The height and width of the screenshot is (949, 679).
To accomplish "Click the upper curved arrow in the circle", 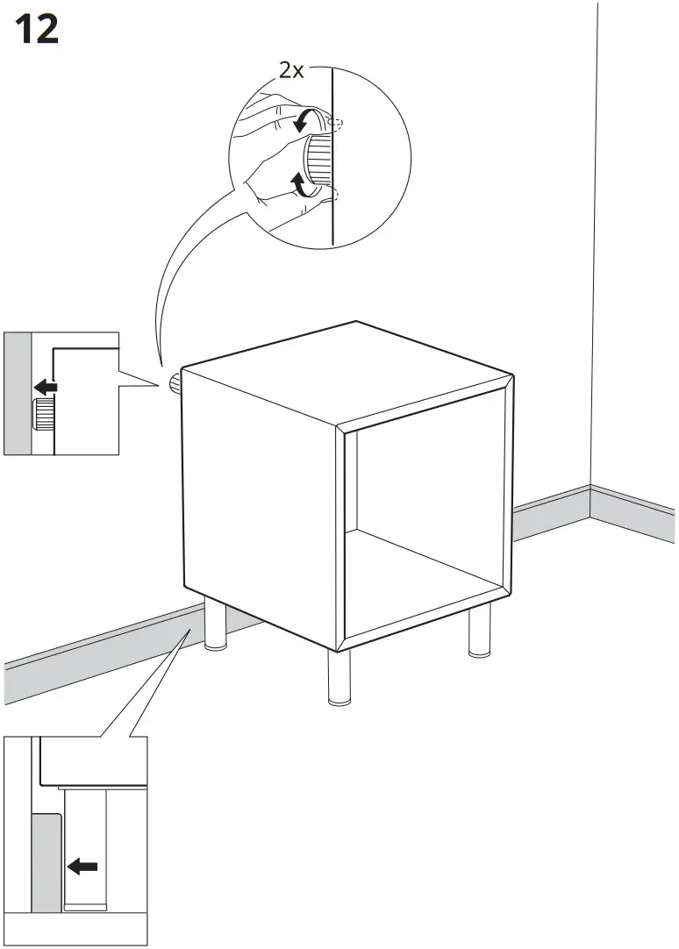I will point(304,120).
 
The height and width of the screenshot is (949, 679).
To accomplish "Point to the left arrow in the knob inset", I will point(46,387).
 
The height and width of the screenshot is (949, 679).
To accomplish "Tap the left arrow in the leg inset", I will point(83,867).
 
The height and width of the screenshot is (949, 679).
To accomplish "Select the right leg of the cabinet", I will point(479,632).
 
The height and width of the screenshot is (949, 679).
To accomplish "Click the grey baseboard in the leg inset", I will point(45,860).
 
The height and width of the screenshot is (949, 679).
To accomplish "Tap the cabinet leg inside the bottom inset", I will point(85,842).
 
